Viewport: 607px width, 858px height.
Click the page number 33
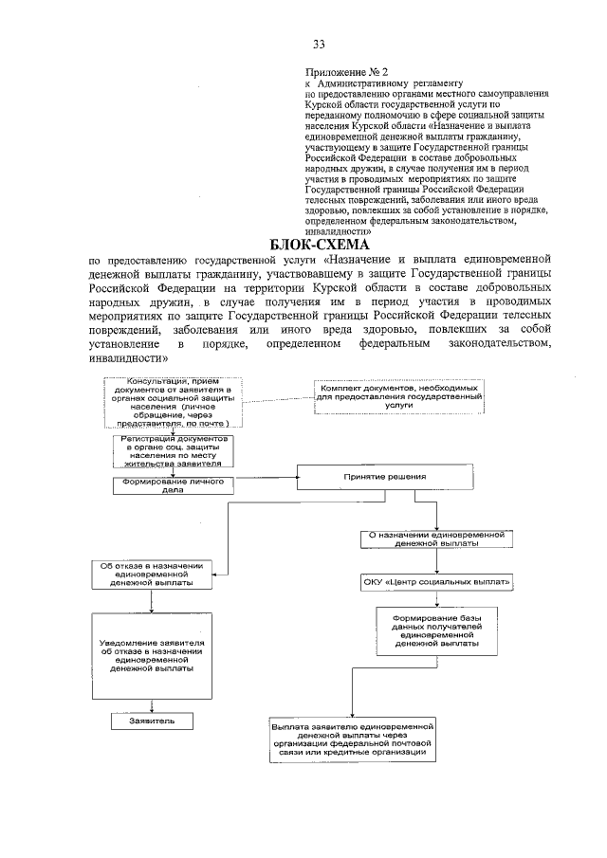319,45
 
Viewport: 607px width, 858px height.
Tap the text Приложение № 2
347,71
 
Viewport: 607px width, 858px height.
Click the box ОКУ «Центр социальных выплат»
436,581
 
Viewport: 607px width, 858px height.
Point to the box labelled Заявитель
146,721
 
